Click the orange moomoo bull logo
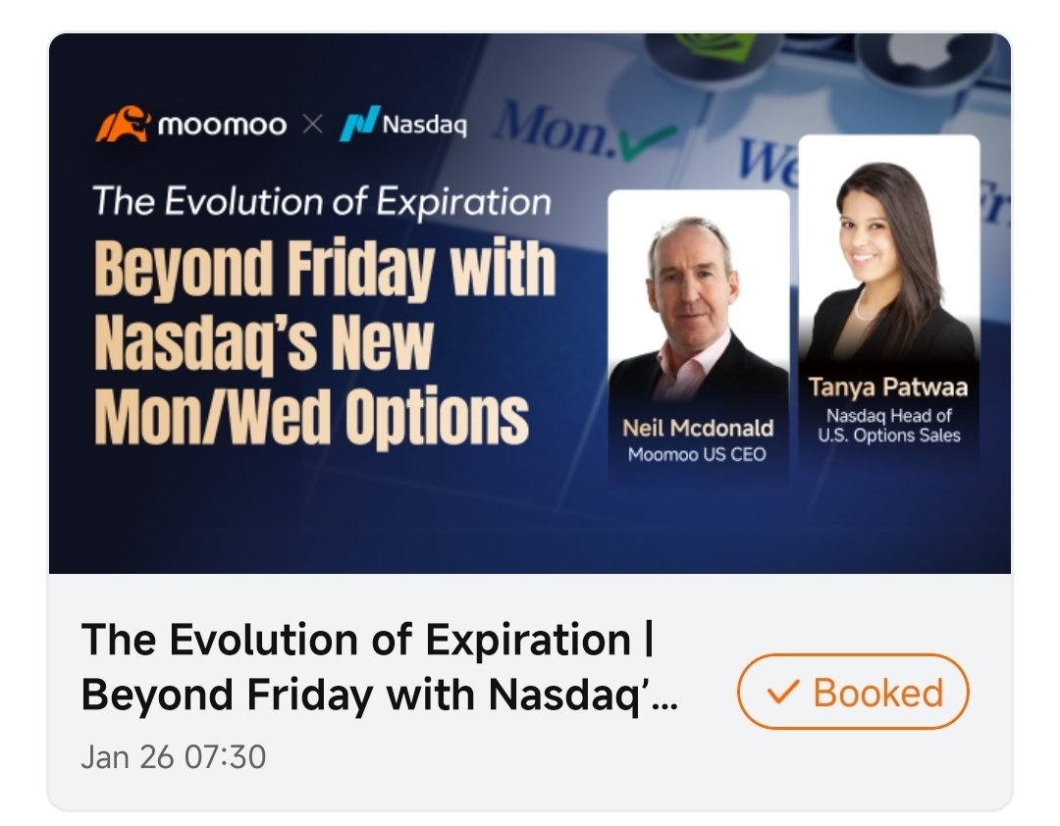(123, 126)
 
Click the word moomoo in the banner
(222, 126)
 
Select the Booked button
(852, 692)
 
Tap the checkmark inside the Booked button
(782, 693)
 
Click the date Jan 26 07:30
(174, 757)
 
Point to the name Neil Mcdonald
(698, 428)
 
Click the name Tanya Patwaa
(888, 387)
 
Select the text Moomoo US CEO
(697, 454)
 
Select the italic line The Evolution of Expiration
(322, 202)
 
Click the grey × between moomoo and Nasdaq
(312, 127)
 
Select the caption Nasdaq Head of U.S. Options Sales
(888, 425)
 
